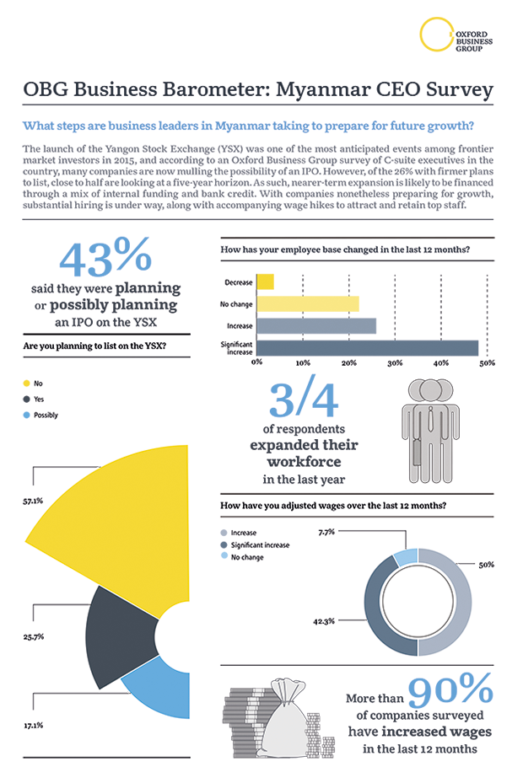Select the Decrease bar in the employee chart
(264, 282)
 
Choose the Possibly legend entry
(46, 415)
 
